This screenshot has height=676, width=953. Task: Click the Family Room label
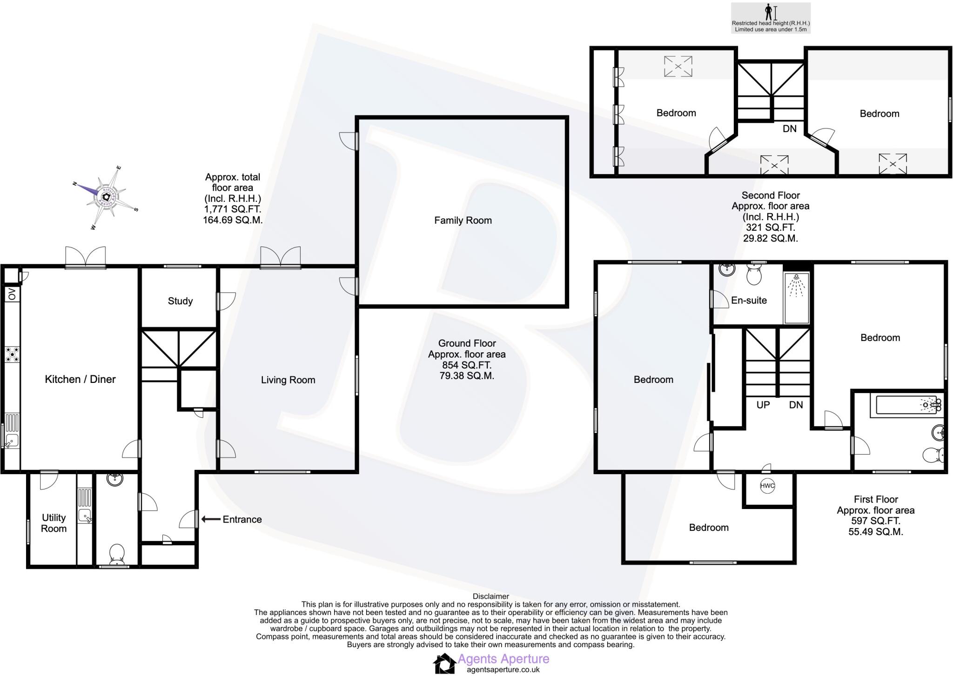pyautogui.click(x=463, y=221)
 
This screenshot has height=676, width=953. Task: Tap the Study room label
pyautogui.click(x=180, y=301)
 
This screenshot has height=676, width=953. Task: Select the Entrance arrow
pyautogui.click(x=210, y=519)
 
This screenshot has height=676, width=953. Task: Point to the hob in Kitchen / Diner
pyautogui.click(x=12, y=354)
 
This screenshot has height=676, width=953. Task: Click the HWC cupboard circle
pyautogui.click(x=767, y=486)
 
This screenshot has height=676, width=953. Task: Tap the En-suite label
pyautogui.click(x=749, y=301)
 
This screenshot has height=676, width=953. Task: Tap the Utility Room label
pyautogui.click(x=54, y=523)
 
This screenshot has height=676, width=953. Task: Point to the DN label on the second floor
pyautogui.click(x=789, y=129)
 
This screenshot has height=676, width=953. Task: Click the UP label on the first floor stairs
pyautogui.click(x=763, y=405)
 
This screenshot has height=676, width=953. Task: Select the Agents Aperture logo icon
pyautogui.click(x=444, y=663)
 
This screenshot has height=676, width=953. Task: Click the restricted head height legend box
pyautogui.click(x=771, y=18)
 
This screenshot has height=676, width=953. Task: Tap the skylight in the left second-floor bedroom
pyautogui.click(x=678, y=66)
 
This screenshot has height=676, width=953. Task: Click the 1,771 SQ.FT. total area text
pyautogui.click(x=232, y=209)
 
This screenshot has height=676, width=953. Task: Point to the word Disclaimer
pyautogui.click(x=490, y=596)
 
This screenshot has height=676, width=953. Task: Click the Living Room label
pyautogui.click(x=288, y=380)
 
